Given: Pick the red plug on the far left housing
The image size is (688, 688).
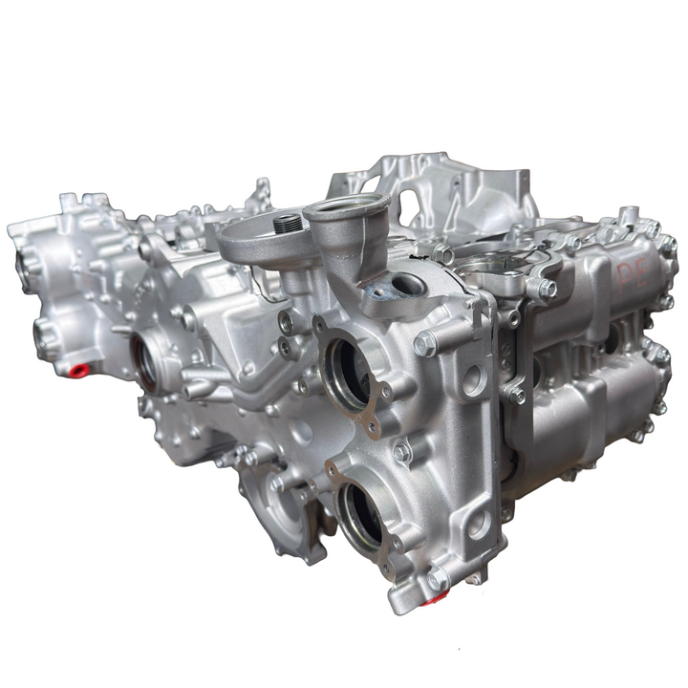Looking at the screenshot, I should pos(79,370).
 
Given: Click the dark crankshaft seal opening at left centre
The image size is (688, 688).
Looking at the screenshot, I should pos(149,361).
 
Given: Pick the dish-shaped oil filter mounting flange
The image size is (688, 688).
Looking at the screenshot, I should pos(263,239).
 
